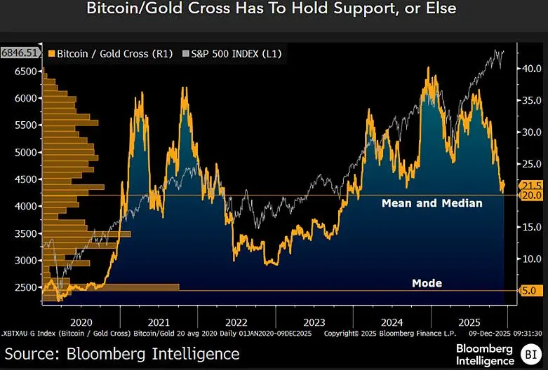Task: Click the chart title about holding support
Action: click(x=271, y=9)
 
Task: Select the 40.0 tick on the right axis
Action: click(x=528, y=69)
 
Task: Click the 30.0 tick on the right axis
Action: click(x=528, y=132)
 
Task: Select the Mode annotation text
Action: click(x=427, y=283)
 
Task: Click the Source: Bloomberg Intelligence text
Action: click(x=122, y=353)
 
